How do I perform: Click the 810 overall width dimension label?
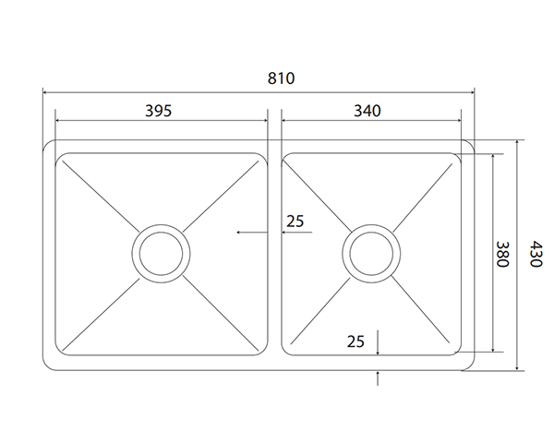[x=281, y=78]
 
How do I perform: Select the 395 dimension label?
[x=158, y=110]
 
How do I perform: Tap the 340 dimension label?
[x=367, y=110]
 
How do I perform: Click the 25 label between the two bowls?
[x=295, y=221]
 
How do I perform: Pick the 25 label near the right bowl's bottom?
[x=355, y=341]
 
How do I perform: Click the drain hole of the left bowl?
[x=163, y=252]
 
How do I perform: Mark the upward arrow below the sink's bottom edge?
[x=379, y=376]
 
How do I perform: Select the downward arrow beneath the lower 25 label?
[x=379, y=346]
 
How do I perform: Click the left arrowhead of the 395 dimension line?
[x=59, y=120]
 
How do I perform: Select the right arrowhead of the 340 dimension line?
[x=458, y=120]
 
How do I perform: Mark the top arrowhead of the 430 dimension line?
[x=519, y=143]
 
